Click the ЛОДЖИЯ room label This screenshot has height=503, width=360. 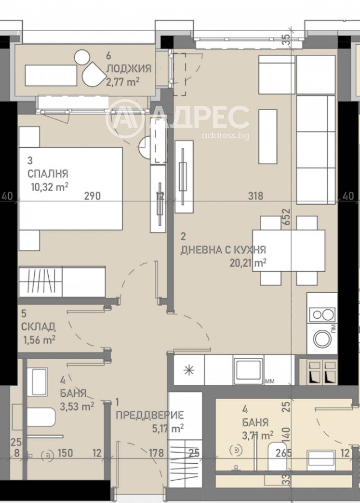(129, 68)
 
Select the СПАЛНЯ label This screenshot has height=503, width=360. (48, 174)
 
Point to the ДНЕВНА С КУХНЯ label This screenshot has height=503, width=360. (223, 250)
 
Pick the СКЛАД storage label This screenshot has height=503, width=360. (38, 327)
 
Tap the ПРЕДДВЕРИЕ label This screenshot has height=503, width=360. (150, 415)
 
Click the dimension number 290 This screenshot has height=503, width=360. (92, 196)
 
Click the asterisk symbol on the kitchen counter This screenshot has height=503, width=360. (188, 370)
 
